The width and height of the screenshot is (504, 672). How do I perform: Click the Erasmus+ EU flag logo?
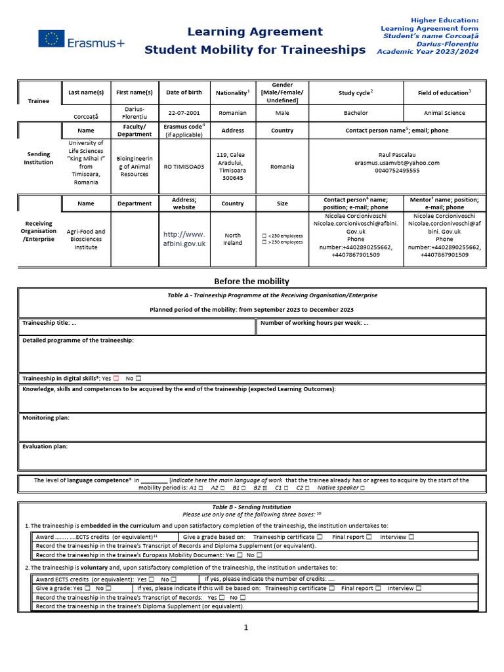pyautogui.click(x=51, y=39)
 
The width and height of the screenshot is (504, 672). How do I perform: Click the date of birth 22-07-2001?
pyautogui.click(x=184, y=113)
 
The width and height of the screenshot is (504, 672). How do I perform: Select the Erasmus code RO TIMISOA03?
pyautogui.click(x=184, y=167)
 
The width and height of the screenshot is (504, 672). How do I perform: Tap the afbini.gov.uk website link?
pyautogui.click(x=184, y=239)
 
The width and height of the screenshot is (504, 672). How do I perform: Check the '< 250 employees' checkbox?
pyautogui.click(x=264, y=236)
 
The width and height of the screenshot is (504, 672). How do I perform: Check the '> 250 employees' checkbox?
pyautogui.click(x=264, y=242)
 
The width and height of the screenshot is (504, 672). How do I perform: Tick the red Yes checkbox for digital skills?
pyautogui.click(x=115, y=378)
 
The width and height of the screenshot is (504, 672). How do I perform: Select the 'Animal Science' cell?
pyautogui.click(x=444, y=113)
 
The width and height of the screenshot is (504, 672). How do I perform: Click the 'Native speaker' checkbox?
pyautogui.click(x=362, y=488)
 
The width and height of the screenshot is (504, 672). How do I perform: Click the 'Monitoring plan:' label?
pyautogui.click(x=46, y=418)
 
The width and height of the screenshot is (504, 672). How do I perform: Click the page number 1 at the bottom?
pyautogui.click(x=246, y=628)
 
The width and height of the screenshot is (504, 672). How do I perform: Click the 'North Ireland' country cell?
pyautogui.click(x=233, y=239)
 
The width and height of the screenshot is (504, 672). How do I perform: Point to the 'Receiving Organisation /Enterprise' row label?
pyautogui.click(x=39, y=231)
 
